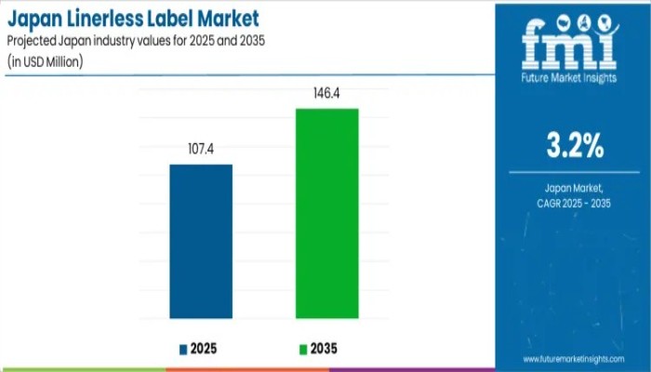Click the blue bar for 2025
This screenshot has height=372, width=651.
tap(201, 241)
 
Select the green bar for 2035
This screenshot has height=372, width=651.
tap(326, 213)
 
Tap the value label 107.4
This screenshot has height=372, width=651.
tap(201, 148)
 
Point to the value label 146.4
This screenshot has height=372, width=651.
tap(326, 93)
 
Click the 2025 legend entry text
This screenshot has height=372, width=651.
tap(206, 349)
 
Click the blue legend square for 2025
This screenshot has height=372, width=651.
tap(183, 350)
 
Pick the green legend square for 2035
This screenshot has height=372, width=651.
tap(303, 350)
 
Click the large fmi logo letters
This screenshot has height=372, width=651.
tap(568, 42)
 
